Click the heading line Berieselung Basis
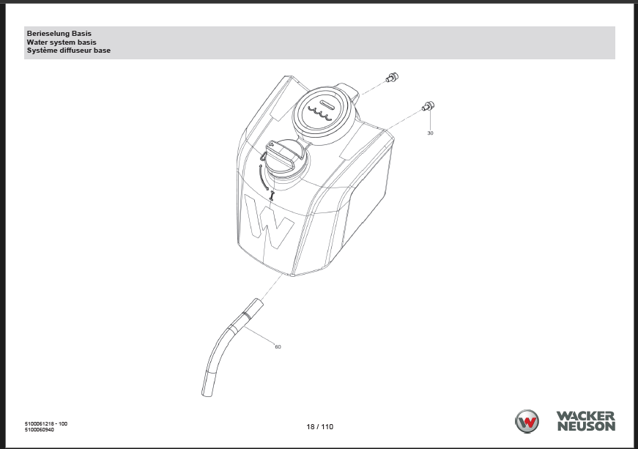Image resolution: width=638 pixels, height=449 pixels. tap(59, 34)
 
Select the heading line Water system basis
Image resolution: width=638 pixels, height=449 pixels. tap(62, 42)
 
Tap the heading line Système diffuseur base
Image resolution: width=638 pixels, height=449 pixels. tap(68, 51)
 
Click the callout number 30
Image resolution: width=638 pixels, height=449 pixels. tap(430, 133)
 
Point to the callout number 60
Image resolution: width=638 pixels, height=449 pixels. tap(278, 347)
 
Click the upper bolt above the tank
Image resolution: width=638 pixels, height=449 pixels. tap(392, 77)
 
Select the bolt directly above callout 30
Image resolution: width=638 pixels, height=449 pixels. tap(429, 106)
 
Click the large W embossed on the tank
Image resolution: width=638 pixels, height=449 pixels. tap(269, 223)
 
